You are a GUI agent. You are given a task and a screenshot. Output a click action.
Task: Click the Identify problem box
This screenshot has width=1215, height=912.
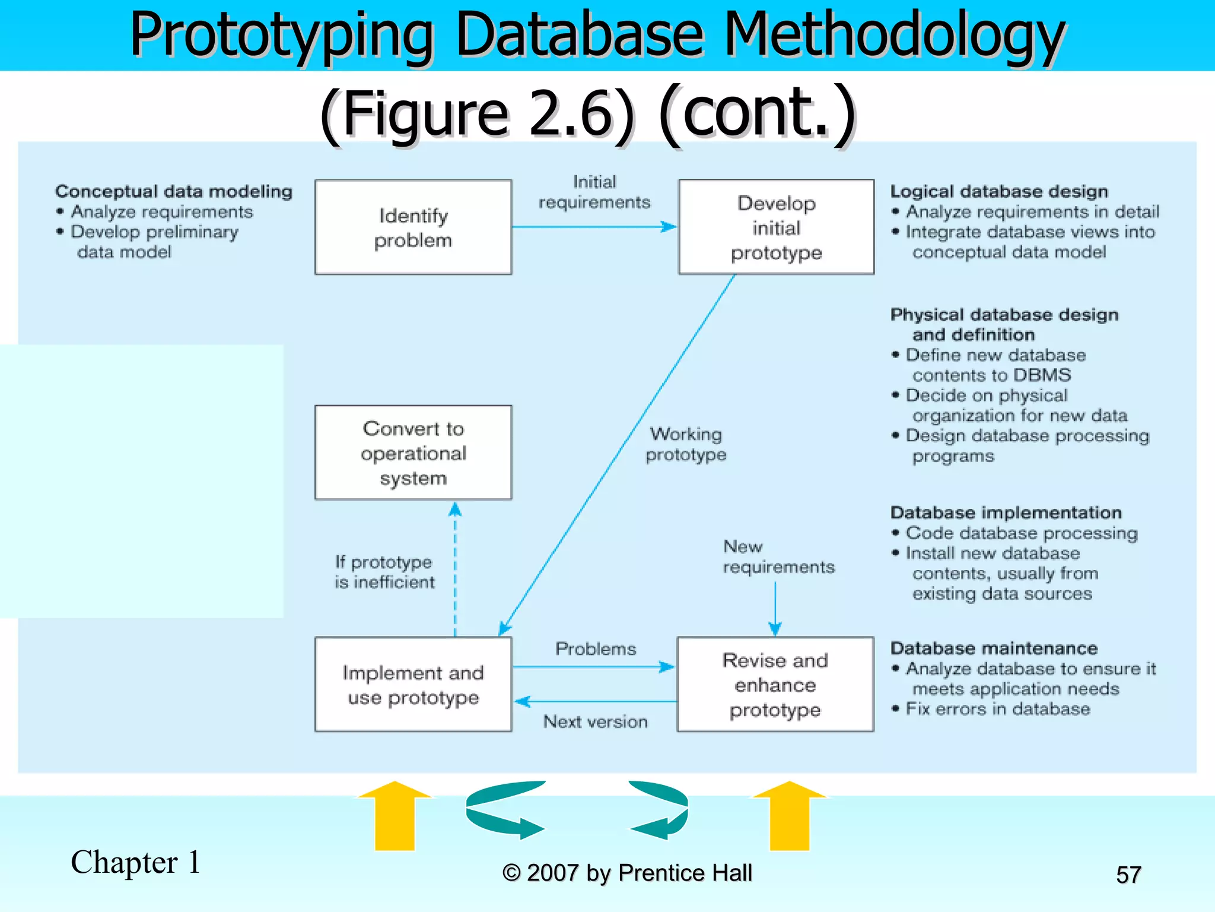click(x=413, y=227)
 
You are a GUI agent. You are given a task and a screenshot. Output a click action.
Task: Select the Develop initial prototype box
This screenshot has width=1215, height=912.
click(x=776, y=227)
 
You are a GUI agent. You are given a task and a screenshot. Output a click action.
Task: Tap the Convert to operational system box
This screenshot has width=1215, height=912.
click(x=413, y=453)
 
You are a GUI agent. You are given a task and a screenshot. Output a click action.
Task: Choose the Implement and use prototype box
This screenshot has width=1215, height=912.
click(x=413, y=685)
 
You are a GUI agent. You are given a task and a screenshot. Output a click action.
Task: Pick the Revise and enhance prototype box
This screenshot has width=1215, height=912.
click(x=775, y=685)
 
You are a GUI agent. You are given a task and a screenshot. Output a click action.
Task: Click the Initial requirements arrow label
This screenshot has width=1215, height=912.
click(x=594, y=192)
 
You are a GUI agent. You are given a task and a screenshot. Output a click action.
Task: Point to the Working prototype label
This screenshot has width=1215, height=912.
click(x=686, y=444)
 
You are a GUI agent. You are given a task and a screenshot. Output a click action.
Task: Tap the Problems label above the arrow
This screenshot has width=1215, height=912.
click(x=595, y=648)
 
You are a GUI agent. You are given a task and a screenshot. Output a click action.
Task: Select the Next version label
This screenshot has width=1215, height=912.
click(x=595, y=721)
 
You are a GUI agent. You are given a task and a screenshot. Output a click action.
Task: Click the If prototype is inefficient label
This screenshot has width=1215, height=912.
click(x=384, y=572)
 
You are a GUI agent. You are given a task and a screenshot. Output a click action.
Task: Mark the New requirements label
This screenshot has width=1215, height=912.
click(x=778, y=556)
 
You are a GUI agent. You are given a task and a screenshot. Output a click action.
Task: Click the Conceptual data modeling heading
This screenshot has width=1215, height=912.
click(x=174, y=191)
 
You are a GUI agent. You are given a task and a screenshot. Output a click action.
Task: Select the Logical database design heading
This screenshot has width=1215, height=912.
click(x=999, y=191)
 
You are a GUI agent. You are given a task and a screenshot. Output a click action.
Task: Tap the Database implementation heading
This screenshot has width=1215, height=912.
click(x=1006, y=512)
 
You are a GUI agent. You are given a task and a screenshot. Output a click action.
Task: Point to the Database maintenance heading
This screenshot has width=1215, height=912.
click(x=994, y=648)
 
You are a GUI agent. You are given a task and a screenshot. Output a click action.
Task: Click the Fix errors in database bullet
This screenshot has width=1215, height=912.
click(x=997, y=709)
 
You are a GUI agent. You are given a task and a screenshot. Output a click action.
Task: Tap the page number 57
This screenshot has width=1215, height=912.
click(x=1128, y=875)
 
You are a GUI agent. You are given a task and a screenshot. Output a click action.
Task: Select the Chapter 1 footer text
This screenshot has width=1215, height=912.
click(x=136, y=862)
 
